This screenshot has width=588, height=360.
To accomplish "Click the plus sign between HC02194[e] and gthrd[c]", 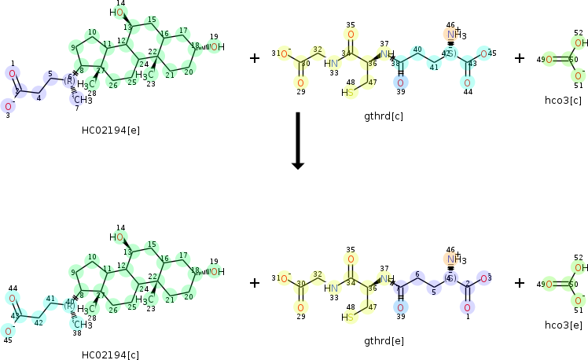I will click(254, 58).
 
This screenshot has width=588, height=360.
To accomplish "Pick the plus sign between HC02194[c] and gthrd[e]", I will click(254, 282).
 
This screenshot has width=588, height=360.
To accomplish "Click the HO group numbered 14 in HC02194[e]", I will click(116, 13).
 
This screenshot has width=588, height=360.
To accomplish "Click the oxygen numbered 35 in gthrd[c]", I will click(351, 35).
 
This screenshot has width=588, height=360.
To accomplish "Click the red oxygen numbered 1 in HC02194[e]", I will click(12, 73).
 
